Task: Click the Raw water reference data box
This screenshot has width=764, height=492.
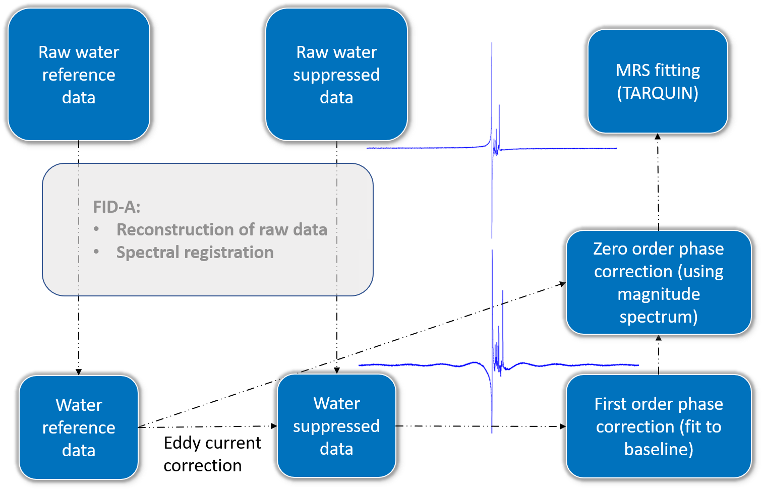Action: pyautogui.click(x=79, y=75)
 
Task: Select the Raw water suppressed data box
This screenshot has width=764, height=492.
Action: pyautogui.click(x=336, y=75)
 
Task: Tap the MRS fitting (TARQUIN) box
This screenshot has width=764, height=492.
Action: pyautogui.click(x=658, y=81)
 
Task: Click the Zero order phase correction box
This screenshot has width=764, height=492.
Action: pyautogui.click(x=659, y=282)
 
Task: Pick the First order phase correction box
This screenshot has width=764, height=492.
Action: pyautogui.click(x=659, y=426)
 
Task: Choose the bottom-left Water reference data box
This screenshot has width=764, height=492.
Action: pyautogui.click(x=79, y=427)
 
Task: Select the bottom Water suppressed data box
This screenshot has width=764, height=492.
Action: pyautogui.click(x=336, y=425)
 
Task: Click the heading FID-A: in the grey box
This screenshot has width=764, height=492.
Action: pyautogui.click(x=116, y=207)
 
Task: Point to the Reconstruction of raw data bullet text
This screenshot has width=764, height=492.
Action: pyautogui.click(x=222, y=229)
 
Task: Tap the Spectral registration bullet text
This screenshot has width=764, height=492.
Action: pyautogui.click(x=195, y=252)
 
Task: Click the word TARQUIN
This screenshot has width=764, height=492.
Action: pyautogui.click(x=658, y=93)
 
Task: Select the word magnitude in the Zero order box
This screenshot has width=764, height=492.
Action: pyautogui.click(x=659, y=294)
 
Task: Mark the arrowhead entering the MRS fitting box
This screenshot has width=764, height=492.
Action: pyautogui.click(x=658, y=137)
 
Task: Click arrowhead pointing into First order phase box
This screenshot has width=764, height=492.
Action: pyautogui.click(x=562, y=426)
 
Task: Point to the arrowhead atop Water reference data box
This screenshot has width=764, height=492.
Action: pyautogui.click(x=79, y=372)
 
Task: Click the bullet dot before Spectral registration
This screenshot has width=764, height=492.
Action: pyautogui.click(x=96, y=252)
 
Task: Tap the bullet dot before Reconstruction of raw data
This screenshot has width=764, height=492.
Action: pyautogui.click(x=96, y=229)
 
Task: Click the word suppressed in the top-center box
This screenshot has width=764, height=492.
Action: pyautogui.click(x=336, y=75)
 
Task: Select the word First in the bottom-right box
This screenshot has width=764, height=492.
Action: pyautogui.click(x=611, y=404)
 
